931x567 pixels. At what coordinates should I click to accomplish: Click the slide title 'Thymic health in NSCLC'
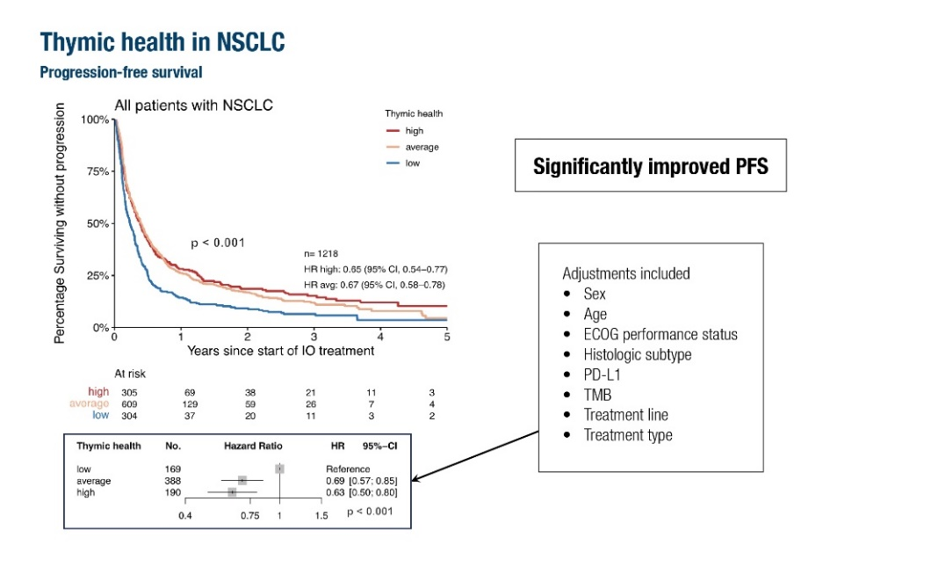pos(162,42)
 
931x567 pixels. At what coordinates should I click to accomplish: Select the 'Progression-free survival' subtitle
pos(121,72)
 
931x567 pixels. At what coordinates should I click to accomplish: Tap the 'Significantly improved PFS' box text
pos(650,166)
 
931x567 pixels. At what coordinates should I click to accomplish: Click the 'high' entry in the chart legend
pos(415,131)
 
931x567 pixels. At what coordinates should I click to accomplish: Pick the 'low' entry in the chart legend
pos(413,164)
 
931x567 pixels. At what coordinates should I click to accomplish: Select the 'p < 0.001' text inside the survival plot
pos(217,242)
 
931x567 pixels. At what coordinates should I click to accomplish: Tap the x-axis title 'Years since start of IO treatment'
pos(280,351)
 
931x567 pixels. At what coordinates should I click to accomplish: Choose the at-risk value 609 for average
pos(128,403)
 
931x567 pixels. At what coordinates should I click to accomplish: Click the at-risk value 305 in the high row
pos(128,391)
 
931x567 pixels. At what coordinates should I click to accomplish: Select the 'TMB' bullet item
pos(597,395)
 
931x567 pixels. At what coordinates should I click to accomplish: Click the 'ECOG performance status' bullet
pos(660,334)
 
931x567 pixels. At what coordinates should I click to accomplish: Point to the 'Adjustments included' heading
pos(626,273)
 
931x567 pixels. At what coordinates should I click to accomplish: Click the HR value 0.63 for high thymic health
pos(334,492)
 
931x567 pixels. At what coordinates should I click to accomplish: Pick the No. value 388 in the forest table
pos(173,481)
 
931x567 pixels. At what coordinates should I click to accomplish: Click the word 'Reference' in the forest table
pos(348,469)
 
